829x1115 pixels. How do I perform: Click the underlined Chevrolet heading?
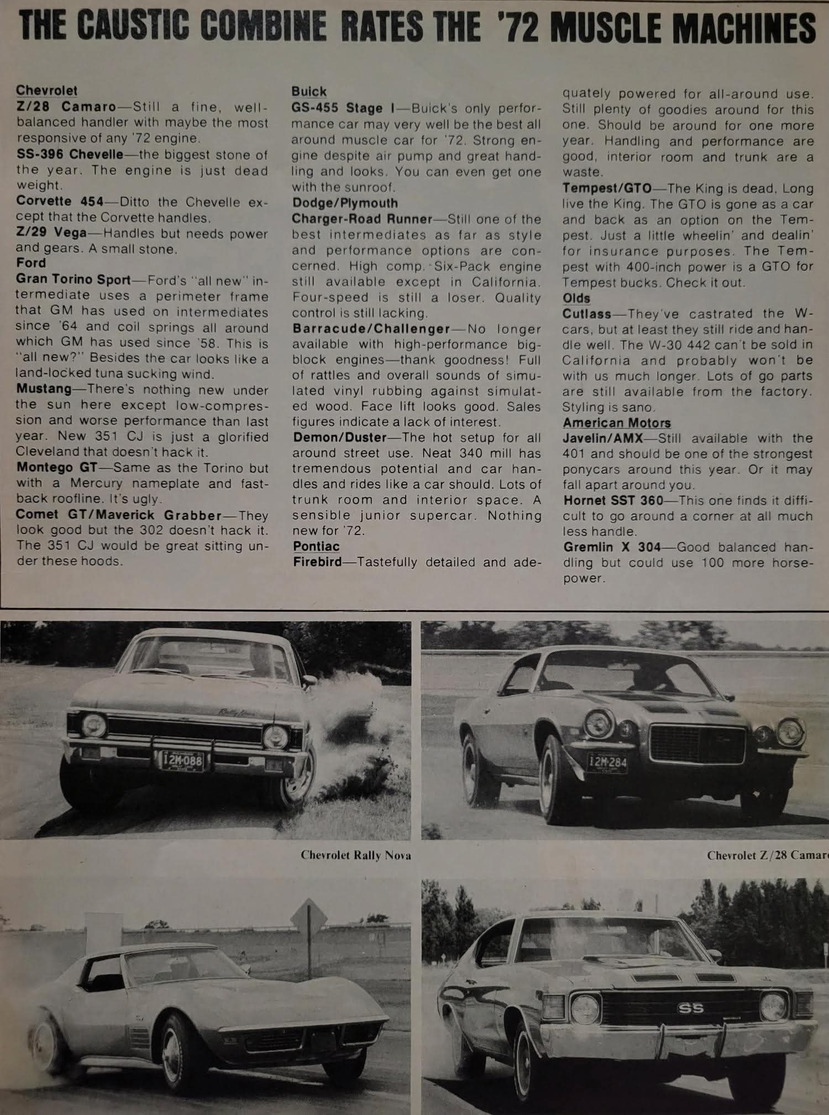tap(46, 90)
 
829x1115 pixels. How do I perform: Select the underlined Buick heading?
tap(309, 92)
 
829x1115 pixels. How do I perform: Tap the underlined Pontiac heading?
tap(316, 546)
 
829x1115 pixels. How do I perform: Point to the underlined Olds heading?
tap(576, 298)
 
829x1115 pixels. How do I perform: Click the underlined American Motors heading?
tap(617, 423)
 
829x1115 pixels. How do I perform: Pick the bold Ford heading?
tap(31, 263)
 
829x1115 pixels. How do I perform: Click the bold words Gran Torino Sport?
tap(74, 279)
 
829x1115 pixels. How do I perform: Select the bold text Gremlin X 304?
tap(612, 547)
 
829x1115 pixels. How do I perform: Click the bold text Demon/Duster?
tap(339, 438)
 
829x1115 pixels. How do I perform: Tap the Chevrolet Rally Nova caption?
tap(355, 855)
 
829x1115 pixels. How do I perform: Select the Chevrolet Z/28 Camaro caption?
tap(767, 855)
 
